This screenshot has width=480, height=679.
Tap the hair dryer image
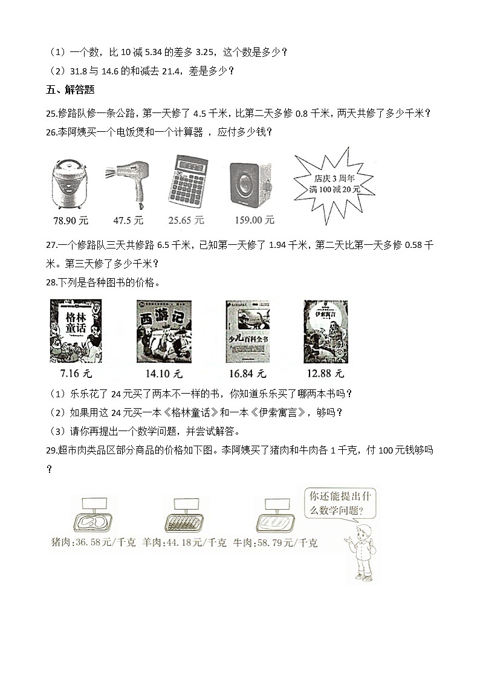point(128,181)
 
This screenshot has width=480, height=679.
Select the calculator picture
point(187,181)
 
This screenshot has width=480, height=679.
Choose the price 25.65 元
point(186,221)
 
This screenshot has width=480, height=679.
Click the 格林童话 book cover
point(76,331)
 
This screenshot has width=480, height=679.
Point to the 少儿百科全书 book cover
point(247,331)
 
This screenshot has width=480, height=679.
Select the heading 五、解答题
point(70,91)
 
